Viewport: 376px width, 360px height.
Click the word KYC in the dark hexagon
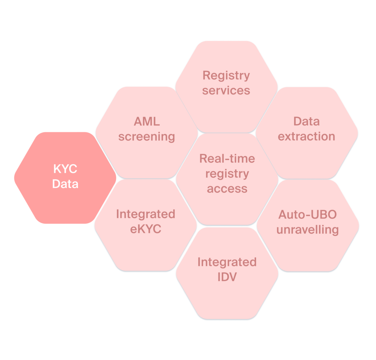[x=65, y=169]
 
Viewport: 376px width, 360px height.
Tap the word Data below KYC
[x=65, y=184]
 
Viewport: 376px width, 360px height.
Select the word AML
[x=147, y=122]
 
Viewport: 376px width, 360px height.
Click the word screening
[x=147, y=137]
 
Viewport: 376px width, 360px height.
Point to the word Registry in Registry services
[x=226, y=76]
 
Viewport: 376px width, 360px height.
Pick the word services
[x=226, y=90]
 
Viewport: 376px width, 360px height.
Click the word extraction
[x=306, y=136]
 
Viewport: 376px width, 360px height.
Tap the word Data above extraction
[x=306, y=121]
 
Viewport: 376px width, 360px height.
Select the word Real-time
[x=227, y=159]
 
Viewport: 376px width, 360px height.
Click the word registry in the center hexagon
[x=227, y=174]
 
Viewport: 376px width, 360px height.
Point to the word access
[x=227, y=188]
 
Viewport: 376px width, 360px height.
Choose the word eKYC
[x=146, y=229]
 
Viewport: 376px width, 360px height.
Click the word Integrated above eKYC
[x=146, y=214]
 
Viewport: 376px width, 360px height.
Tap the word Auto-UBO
[x=307, y=215]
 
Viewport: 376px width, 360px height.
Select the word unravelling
[x=307, y=230]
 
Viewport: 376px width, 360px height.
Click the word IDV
[x=227, y=277]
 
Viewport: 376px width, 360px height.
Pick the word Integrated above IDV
[x=227, y=262]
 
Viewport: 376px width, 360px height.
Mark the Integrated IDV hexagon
[x=227, y=298]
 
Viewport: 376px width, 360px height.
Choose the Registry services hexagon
[x=226, y=110]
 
